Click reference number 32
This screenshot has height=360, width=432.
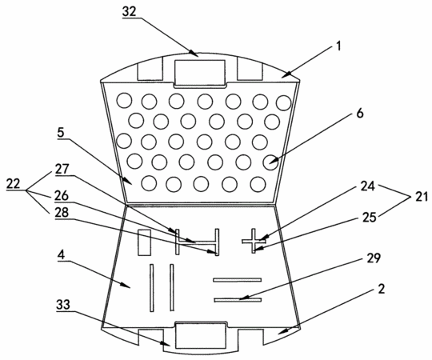click(130, 12)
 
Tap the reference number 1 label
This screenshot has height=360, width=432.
click(339, 46)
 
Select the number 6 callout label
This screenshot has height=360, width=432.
click(360, 114)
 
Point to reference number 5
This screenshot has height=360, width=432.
click(61, 133)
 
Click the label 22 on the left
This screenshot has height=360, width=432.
click(14, 183)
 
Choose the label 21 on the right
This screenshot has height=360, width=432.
click(422, 197)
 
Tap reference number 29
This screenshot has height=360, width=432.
click(374, 258)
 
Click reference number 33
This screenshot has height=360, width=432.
click(63, 305)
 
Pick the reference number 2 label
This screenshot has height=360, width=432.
click(381, 289)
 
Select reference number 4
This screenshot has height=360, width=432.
click(61, 255)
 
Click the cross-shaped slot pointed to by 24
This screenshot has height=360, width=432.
click(254, 241)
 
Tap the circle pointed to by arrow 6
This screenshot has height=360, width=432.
click(271, 162)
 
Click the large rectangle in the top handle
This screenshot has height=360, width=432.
click(200, 72)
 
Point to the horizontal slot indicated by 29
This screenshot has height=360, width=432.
click(238, 300)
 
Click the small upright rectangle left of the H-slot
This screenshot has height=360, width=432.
click(144, 242)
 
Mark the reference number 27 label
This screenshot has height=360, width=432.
click(62, 169)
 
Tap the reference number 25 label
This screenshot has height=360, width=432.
click(369, 218)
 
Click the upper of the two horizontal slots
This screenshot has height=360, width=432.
click(238, 280)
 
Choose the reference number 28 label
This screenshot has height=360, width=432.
click(62, 213)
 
